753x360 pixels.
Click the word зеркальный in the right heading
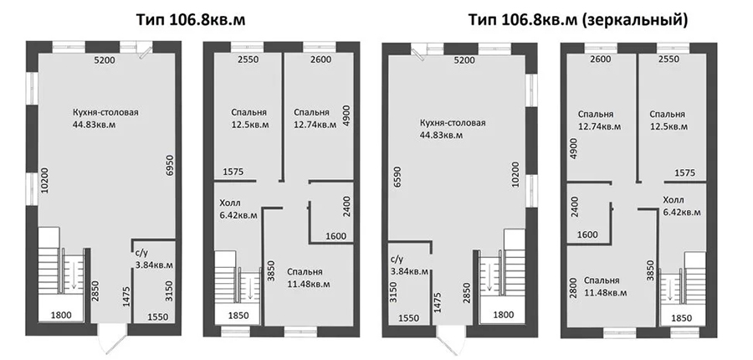point(638,21)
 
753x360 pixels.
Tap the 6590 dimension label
point(396,179)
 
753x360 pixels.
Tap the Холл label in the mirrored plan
point(674,200)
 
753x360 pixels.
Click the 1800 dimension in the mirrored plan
point(504,315)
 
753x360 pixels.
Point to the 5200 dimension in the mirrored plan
point(464,60)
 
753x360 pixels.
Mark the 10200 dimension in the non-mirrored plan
point(44,180)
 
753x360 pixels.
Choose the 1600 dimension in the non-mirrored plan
point(336,236)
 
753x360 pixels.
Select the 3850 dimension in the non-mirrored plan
point(270,270)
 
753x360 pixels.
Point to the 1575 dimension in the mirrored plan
point(684,173)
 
